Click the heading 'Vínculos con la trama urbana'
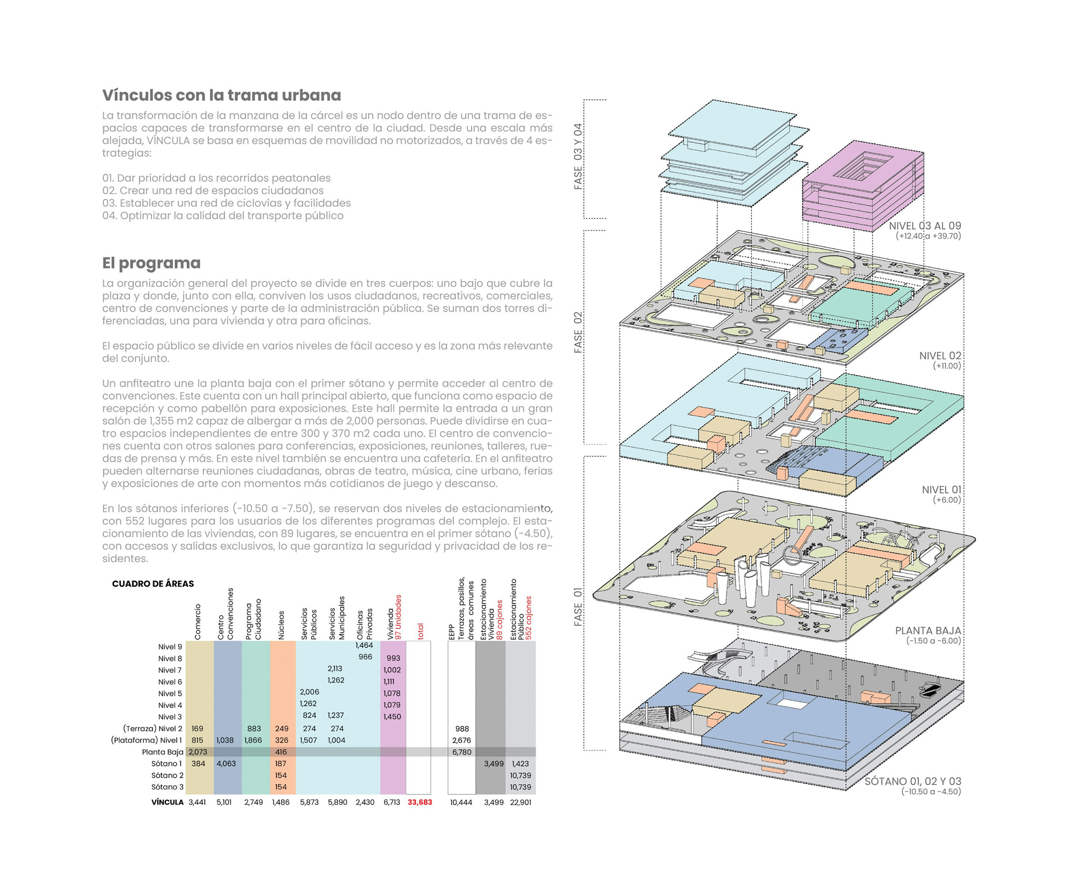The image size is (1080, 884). pyautogui.click(x=221, y=95)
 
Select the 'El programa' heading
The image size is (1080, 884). pyautogui.click(x=151, y=263)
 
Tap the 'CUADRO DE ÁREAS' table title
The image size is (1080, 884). pyautogui.click(x=153, y=584)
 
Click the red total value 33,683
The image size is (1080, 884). pyautogui.click(x=419, y=802)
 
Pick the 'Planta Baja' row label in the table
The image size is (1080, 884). pyautogui.click(x=162, y=752)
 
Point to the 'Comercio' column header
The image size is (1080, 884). pyautogui.click(x=198, y=622)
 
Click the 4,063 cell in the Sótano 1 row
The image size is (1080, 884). pyautogui.click(x=226, y=764)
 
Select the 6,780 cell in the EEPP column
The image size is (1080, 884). pyautogui.click(x=462, y=752)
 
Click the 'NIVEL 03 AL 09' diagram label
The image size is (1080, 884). pyautogui.click(x=925, y=226)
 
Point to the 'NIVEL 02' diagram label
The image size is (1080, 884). pyautogui.click(x=940, y=356)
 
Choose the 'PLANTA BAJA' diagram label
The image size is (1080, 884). pyautogui.click(x=928, y=631)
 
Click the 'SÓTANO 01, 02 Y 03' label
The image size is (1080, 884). pyautogui.click(x=913, y=781)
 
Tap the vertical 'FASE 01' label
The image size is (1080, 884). pyautogui.click(x=578, y=607)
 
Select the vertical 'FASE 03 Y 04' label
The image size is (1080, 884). pyautogui.click(x=578, y=157)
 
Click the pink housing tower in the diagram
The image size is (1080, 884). pyautogui.click(x=863, y=186)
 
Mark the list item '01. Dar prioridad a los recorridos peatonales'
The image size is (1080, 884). pyautogui.click(x=216, y=178)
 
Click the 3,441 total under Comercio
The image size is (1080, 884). pyautogui.click(x=197, y=802)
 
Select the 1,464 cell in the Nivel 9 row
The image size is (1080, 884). pyautogui.click(x=364, y=645)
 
